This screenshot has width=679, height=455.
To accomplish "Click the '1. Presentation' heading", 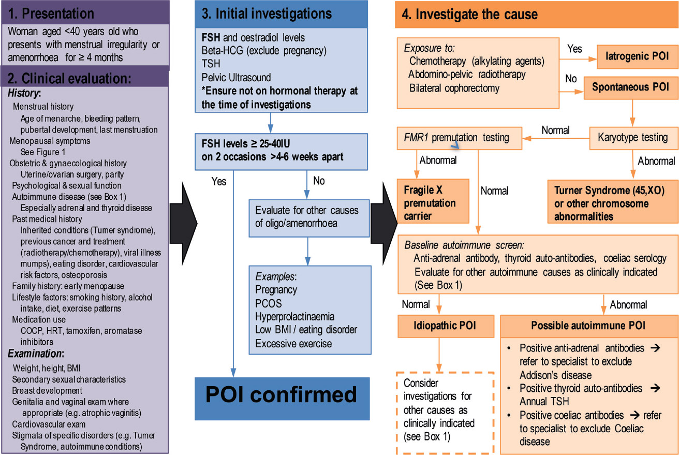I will point(50,12).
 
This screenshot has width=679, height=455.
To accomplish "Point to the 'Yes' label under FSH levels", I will point(219,181).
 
